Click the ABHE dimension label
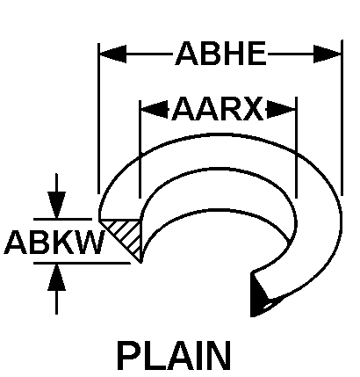pos(221,54)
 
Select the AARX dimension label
pos(218,109)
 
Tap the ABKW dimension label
pos(54,242)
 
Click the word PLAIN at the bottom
pos(175,355)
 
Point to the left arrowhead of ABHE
pos(113,54)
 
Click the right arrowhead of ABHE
pos(328,54)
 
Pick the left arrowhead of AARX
pos(155,110)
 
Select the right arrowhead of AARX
pos(281,110)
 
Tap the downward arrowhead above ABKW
pos(56,205)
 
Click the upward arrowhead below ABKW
pos(56,277)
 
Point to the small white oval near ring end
pos(268,306)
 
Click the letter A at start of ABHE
pos(186,54)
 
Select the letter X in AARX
pos(252,109)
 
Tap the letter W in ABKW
pos(90,242)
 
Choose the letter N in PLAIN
pos(220,355)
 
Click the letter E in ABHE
pos(257,54)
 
